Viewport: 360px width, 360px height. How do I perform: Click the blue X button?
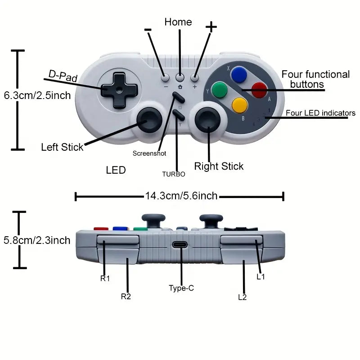[239, 75]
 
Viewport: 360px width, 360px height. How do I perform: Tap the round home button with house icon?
[180, 77]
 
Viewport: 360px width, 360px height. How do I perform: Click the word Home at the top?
[178, 22]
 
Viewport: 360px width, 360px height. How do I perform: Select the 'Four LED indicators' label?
[320, 113]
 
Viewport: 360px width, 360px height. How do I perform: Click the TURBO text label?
[174, 174]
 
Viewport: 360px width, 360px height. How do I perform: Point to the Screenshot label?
[149, 153]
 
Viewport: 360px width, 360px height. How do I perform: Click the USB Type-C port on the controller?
[181, 246]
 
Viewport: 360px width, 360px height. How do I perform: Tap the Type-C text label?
[181, 288]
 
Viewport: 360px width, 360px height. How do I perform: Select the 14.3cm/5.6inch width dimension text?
[181, 196]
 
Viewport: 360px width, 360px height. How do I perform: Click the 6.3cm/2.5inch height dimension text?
[37, 95]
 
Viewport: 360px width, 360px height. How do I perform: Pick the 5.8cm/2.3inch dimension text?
[37, 240]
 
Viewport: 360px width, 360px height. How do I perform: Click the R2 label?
[126, 297]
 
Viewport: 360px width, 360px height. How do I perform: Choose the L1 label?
[261, 277]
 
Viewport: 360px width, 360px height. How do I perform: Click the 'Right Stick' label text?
[219, 166]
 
